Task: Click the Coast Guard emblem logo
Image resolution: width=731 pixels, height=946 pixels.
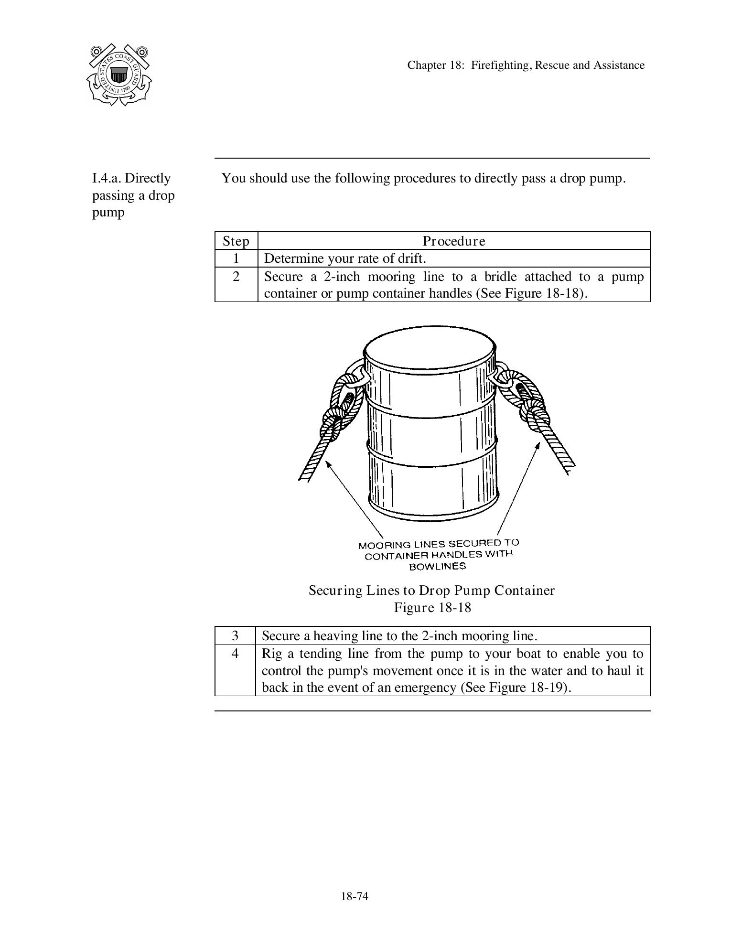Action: tap(119, 75)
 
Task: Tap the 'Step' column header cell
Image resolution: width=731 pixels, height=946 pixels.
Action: tap(236, 241)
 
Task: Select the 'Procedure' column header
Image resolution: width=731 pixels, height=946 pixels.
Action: tap(453, 241)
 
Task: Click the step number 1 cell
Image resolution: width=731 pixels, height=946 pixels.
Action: tap(236, 258)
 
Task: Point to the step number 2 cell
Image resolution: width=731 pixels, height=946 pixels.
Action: tap(236, 277)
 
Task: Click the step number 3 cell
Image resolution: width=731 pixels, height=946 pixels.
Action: tap(235, 635)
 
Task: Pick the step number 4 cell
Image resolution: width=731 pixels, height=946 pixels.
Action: tap(235, 653)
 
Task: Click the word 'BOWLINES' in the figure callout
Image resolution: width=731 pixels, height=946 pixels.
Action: tap(437, 566)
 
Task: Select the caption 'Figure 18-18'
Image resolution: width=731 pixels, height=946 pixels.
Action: tap(432, 607)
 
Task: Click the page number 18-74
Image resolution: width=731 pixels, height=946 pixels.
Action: tap(355, 896)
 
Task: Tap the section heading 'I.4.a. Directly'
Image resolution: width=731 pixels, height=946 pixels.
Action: tap(131, 178)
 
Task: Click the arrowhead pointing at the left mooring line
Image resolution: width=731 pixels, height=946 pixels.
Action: tap(328, 463)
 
